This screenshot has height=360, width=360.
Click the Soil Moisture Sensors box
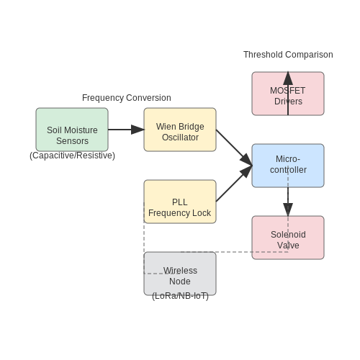pyautogui.click(x=72, y=130)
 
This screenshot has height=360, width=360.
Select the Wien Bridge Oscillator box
pyautogui.click(x=180, y=130)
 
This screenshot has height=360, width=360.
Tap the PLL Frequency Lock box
pyautogui.click(x=180, y=202)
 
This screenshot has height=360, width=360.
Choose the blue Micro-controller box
pyautogui.click(x=288, y=166)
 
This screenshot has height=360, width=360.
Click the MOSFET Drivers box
pyautogui.click(x=288, y=94)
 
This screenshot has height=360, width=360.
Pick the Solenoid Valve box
pyautogui.click(x=288, y=238)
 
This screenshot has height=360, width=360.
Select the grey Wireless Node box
pyautogui.click(x=180, y=274)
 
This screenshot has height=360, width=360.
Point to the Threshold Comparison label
pyautogui.click(x=288, y=55)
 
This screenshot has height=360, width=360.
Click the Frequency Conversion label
pyautogui.click(x=127, y=98)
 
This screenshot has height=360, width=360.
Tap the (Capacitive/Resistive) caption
pyautogui.click(x=72, y=156)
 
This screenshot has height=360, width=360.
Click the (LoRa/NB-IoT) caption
pyautogui.click(x=180, y=296)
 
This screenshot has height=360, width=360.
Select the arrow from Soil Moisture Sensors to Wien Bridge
pyautogui.click(x=126, y=130)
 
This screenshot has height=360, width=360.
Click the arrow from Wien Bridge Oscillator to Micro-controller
pyautogui.click(x=234, y=148)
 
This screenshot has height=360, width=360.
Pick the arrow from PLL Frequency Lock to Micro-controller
pyautogui.click(x=234, y=184)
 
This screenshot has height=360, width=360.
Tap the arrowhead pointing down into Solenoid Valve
pyautogui.click(x=288, y=210)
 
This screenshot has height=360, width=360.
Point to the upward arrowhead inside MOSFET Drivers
pyautogui.click(x=288, y=78)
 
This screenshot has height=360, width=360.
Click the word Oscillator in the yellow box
pyautogui.click(x=180, y=138)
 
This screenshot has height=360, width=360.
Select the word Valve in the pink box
pyautogui.click(x=288, y=246)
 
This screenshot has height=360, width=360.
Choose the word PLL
pyautogui.click(x=180, y=202)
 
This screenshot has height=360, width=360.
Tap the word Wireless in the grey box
pyautogui.click(x=180, y=271)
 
